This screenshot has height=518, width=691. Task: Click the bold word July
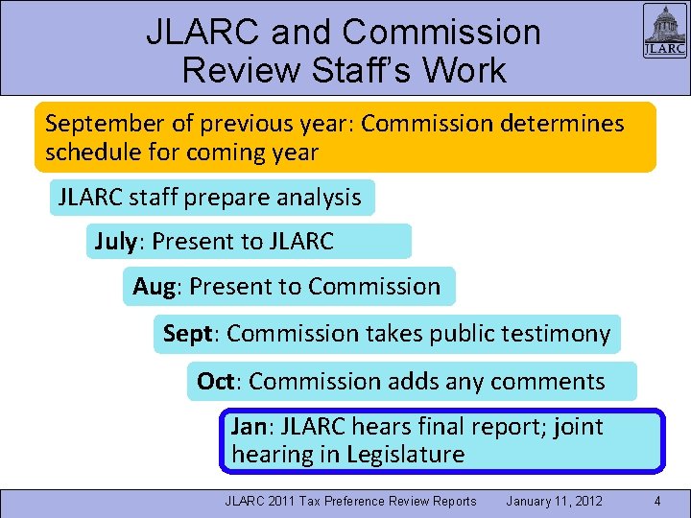pyautogui.click(x=116, y=242)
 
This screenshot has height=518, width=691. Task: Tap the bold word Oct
pyautogui.click(x=219, y=381)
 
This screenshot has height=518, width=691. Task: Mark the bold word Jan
pyautogui.click(x=251, y=426)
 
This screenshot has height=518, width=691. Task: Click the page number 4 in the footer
pyautogui.click(x=656, y=501)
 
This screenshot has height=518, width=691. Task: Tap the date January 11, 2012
pyautogui.click(x=554, y=501)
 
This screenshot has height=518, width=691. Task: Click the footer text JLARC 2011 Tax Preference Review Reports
pyautogui.click(x=350, y=501)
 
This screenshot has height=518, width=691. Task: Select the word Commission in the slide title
pyautogui.click(x=441, y=33)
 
